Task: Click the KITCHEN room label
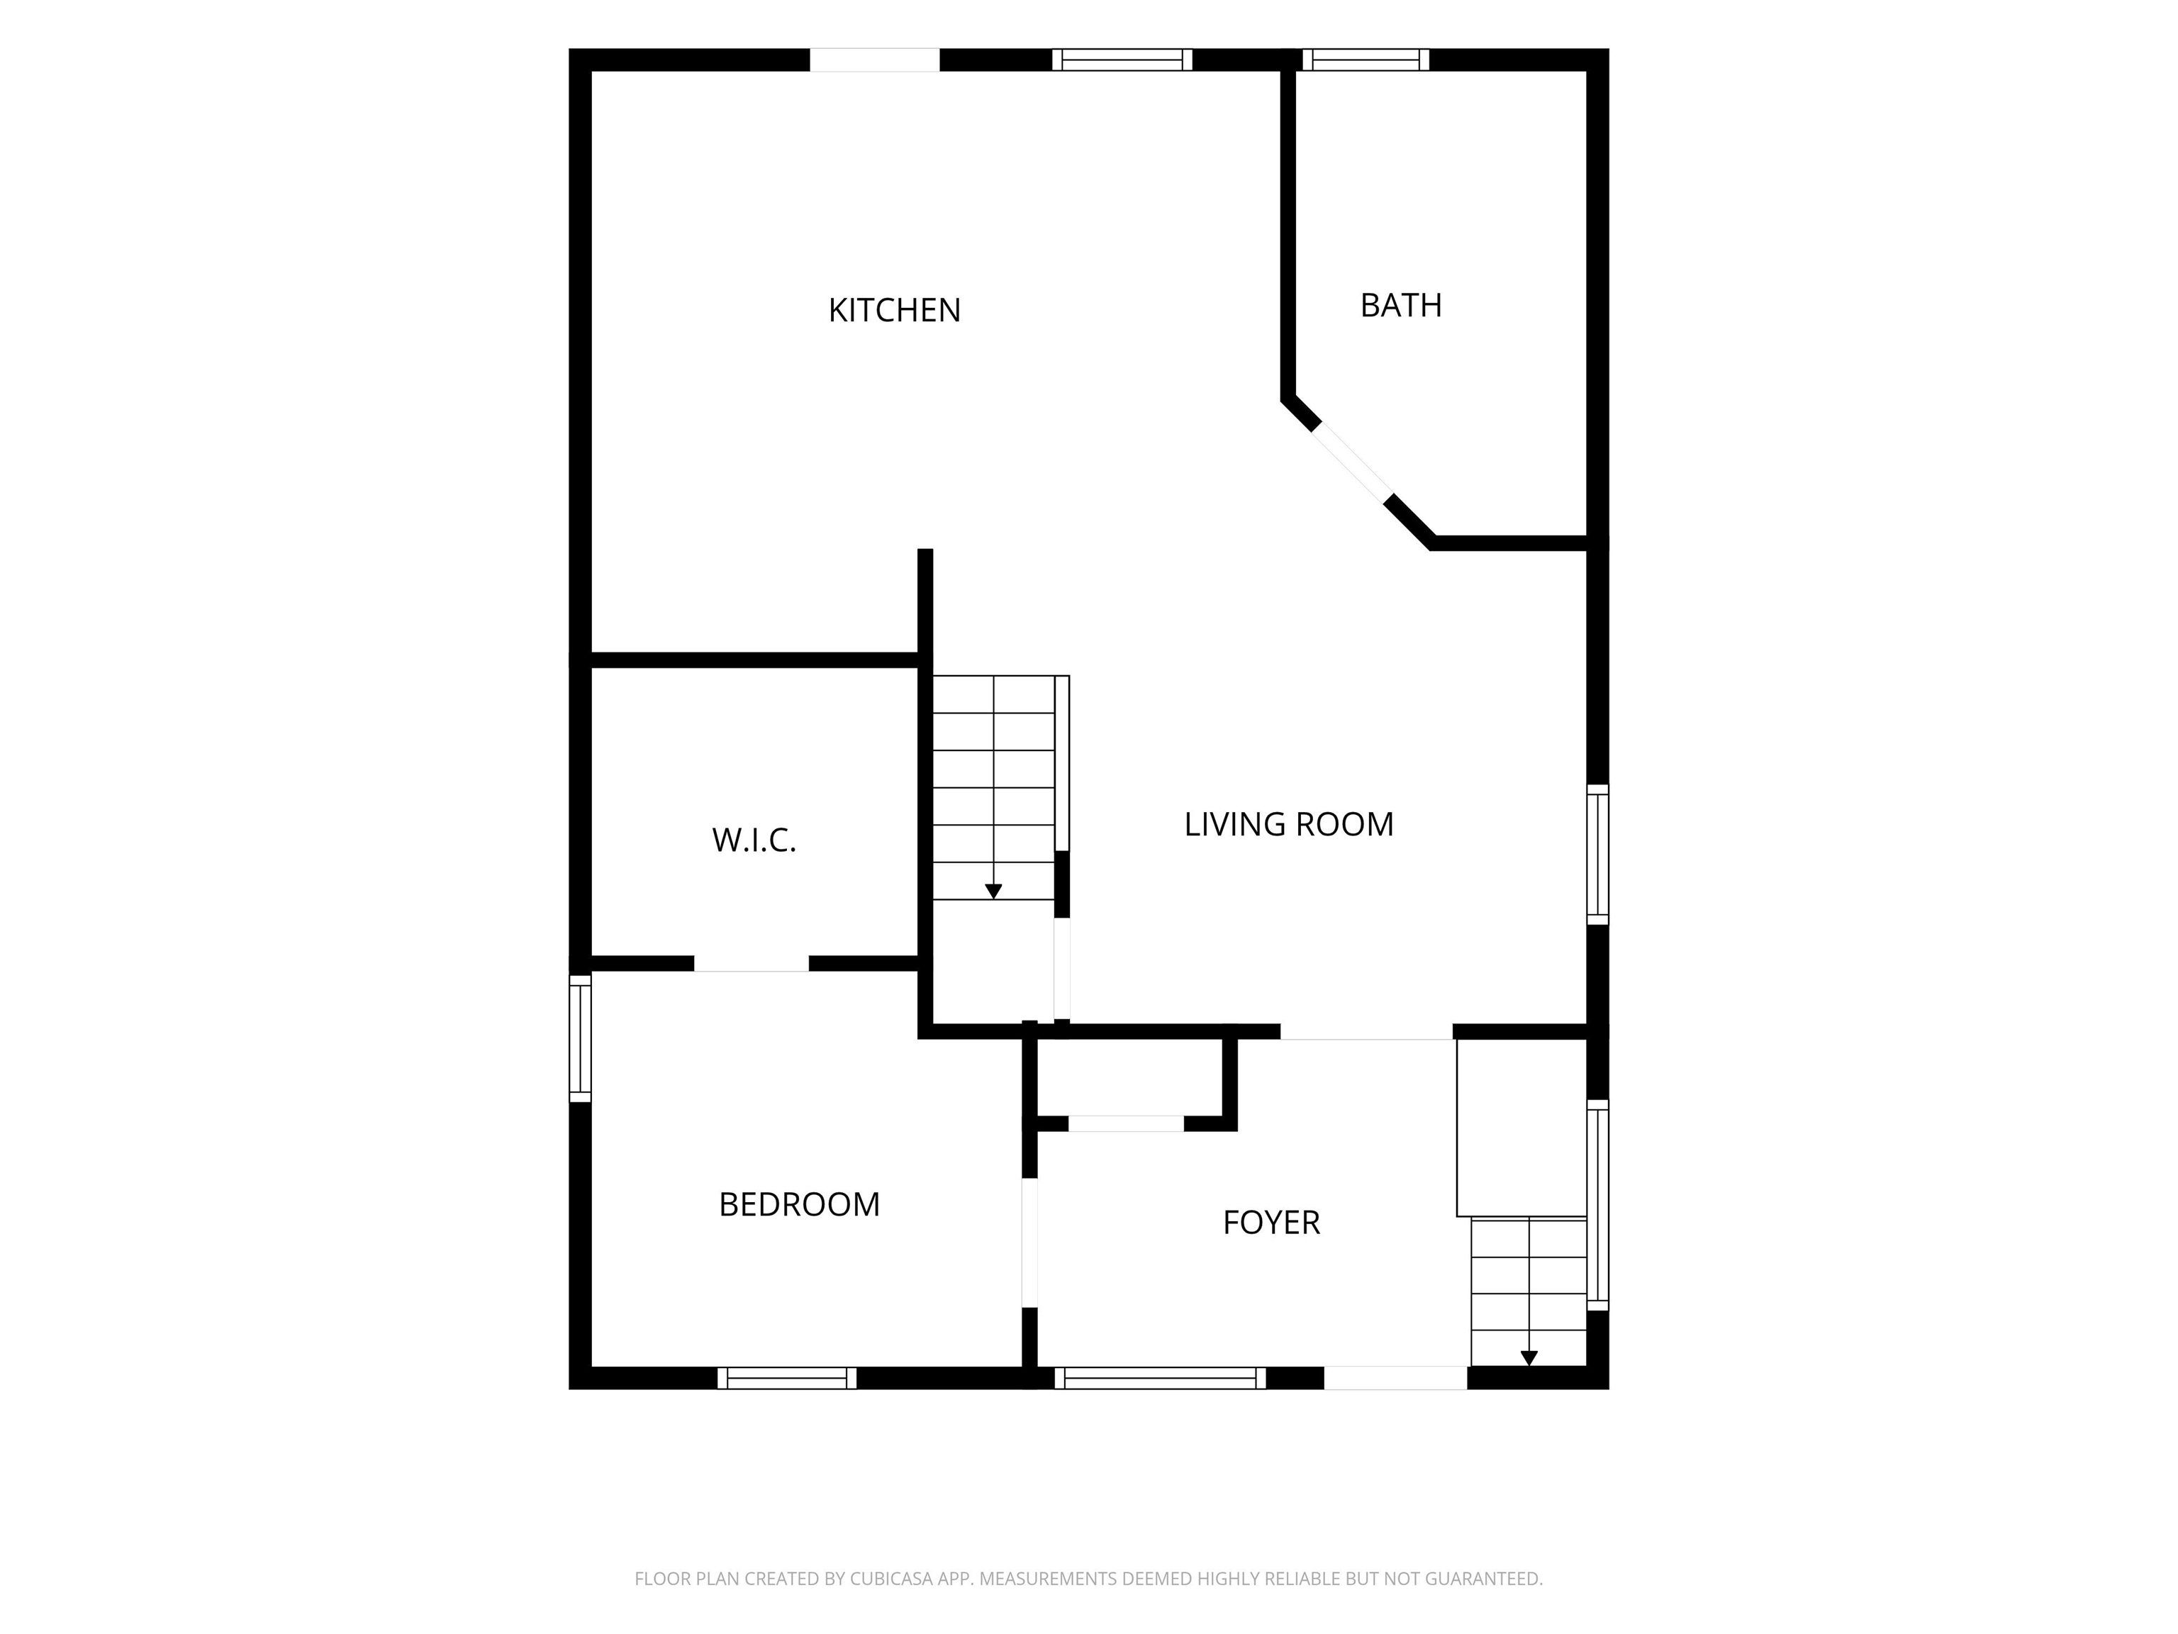(x=894, y=310)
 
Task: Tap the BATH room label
(x=1401, y=306)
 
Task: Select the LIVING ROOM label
(x=1289, y=824)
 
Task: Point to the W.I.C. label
(x=754, y=840)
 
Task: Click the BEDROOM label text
(x=800, y=1204)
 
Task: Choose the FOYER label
(x=1271, y=1222)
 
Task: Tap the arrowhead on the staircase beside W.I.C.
(x=993, y=891)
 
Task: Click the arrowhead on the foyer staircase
(x=1529, y=1358)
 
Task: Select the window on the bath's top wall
(x=1366, y=60)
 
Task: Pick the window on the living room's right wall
(x=1598, y=855)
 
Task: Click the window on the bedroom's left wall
(x=581, y=1038)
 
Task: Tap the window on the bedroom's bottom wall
(x=787, y=1378)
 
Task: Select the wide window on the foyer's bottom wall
(x=1160, y=1378)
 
